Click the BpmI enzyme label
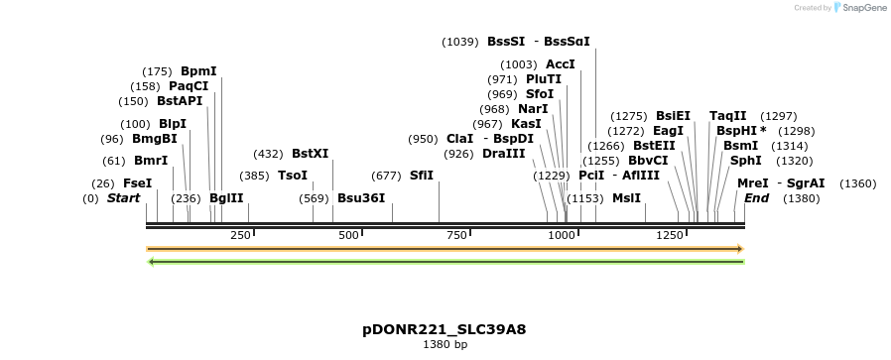click(198, 71)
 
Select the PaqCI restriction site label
click(189, 86)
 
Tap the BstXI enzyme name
click(310, 154)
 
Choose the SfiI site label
click(422, 176)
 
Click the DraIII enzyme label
click(504, 154)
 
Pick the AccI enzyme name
click(561, 64)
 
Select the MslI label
click(626, 197)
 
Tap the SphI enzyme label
click(746, 160)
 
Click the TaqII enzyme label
click(727, 116)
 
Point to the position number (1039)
click(460, 42)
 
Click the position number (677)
click(386, 176)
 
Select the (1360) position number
click(858, 183)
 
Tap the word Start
click(124, 197)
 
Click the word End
click(757, 197)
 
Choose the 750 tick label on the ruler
click(456, 235)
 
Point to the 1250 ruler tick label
click(670, 235)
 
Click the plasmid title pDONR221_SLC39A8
click(445, 329)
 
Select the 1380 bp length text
click(445, 345)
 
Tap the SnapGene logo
click(859, 8)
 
